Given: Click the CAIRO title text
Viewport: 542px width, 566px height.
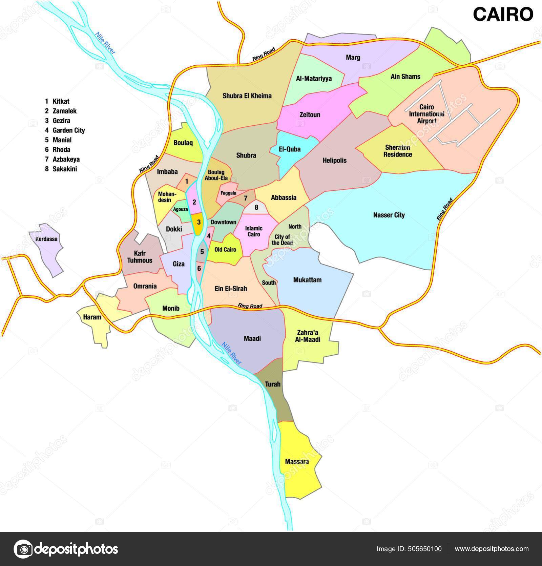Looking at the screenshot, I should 503,15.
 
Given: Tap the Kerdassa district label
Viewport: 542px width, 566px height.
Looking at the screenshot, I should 46,239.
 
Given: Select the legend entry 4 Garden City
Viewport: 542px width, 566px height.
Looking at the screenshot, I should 65,130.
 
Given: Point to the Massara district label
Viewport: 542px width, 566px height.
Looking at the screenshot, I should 297,461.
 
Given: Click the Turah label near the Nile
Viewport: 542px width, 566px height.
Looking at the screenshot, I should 272,384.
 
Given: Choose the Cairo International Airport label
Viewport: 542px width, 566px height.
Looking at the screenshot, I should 426,114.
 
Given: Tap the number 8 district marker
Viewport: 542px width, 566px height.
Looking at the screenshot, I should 256,207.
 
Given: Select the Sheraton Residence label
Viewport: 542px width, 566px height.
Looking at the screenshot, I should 398,151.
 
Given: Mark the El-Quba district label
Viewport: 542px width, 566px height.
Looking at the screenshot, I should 290,149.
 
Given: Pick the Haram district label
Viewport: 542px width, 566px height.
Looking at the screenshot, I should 92,317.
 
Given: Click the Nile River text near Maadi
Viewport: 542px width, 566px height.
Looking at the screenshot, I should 231,353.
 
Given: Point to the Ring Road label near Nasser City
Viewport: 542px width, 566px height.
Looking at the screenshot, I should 445,209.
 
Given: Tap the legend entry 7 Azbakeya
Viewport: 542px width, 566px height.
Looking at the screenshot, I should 63,159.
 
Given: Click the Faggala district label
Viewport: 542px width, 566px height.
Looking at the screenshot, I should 228,193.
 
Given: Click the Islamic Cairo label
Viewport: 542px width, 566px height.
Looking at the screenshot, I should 254,231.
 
